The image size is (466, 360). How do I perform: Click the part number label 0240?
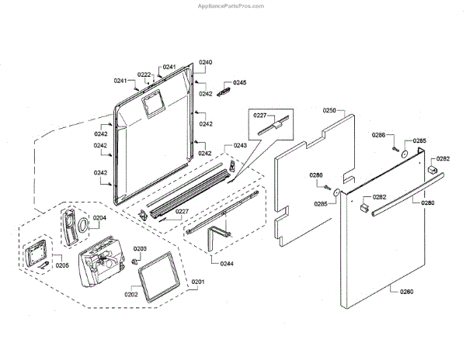[206, 61]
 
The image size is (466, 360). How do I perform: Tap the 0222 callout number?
[144, 74]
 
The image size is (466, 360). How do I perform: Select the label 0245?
[240, 82]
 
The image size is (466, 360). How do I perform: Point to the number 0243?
[240, 146]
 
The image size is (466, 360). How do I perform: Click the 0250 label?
[329, 111]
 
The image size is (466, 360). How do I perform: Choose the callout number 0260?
[406, 292]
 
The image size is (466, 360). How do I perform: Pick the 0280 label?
[428, 202]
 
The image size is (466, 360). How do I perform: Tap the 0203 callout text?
[141, 248]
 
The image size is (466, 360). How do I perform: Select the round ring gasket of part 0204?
[78, 226]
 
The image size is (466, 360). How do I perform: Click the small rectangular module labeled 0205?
[36, 254]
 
